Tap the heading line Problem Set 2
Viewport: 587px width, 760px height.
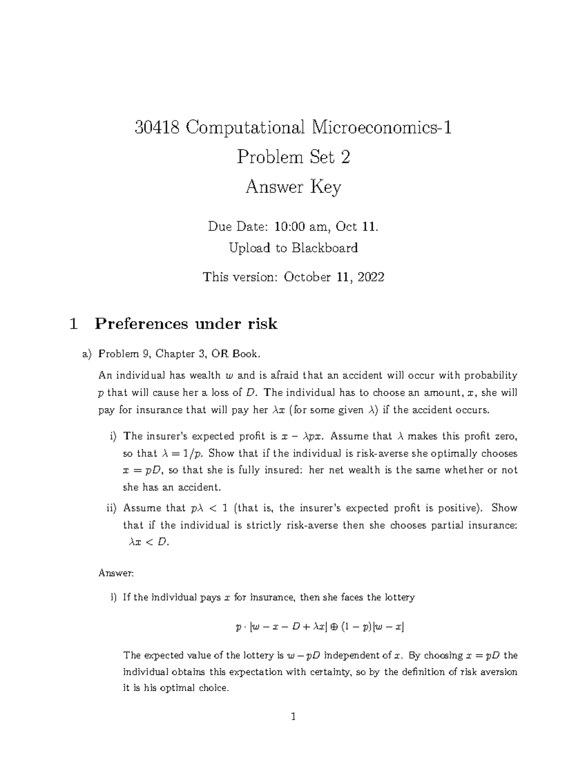(x=293, y=157)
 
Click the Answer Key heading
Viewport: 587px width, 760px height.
(x=293, y=187)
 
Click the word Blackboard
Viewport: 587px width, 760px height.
(x=325, y=248)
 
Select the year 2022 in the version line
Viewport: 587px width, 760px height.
(x=371, y=277)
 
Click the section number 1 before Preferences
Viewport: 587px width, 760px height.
(x=74, y=324)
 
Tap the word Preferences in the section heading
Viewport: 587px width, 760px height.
(x=141, y=324)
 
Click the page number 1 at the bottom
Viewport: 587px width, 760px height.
(x=293, y=717)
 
